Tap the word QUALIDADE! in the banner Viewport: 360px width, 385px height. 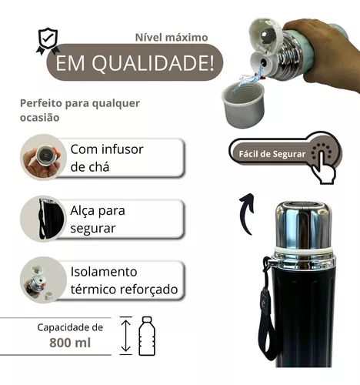pos(158,64)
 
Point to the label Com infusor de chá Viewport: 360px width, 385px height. pos(108,156)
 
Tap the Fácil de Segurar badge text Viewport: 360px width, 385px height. pos(269,152)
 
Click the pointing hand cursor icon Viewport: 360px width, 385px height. pos(323,156)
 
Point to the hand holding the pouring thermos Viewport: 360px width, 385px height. pos(327,42)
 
